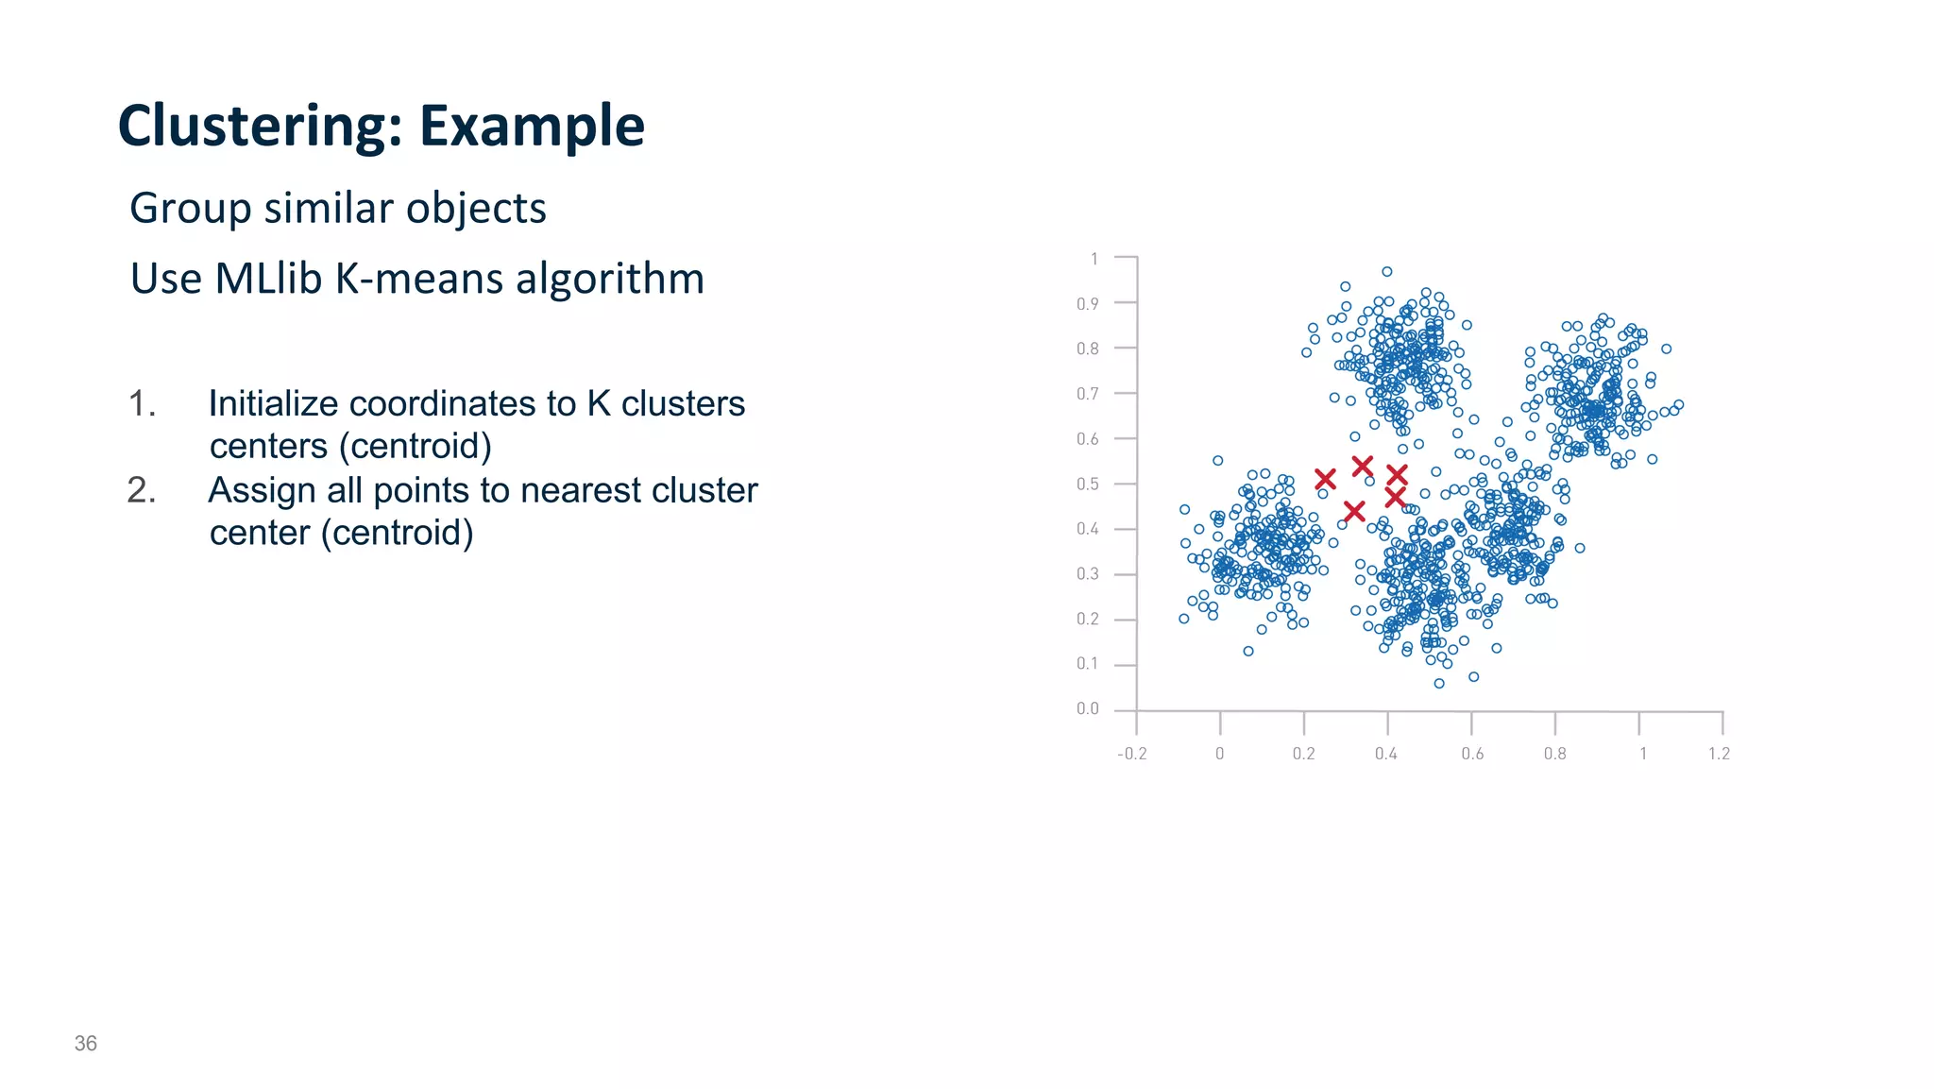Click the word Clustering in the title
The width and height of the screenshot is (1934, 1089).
click(x=247, y=127)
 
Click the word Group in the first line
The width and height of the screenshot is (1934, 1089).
click(x=190, y=209)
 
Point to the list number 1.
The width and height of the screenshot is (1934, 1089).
click(x=141, y=404)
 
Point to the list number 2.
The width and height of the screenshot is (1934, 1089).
click(x=141, y=491)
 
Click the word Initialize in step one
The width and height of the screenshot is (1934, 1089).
click(x=272, y=404)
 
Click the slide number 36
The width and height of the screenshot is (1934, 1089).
click(x=86, y=1044)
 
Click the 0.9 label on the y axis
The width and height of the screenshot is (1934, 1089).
click(x=1088, y=304)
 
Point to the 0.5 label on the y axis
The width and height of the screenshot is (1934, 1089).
click(x=1088, y=485)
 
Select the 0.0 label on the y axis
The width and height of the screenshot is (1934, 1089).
click(x=1088, y=709)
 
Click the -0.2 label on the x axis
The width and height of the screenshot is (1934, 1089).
click(x=1131, y=754)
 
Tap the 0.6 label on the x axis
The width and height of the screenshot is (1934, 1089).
click(x=1472, y=754)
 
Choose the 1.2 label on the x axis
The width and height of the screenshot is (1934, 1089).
click(x=1720, y=754)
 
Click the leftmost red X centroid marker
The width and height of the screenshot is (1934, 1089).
click(x=1325, y=480)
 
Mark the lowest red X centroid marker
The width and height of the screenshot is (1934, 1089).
click(x=1354, y=512)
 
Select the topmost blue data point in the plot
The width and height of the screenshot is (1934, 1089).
click(x=1387, y=272)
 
